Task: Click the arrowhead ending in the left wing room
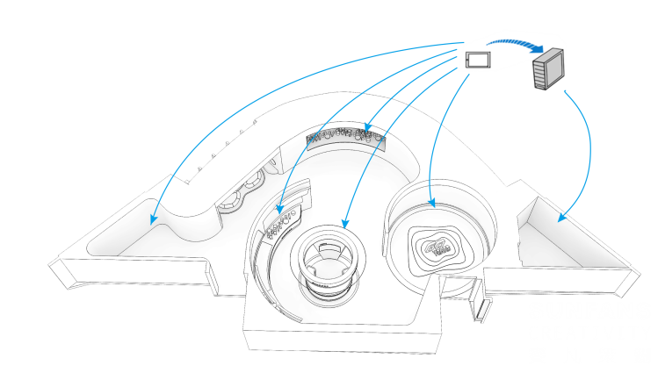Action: (154, 219)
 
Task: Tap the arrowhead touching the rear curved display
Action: (366, 130)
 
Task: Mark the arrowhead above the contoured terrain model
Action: (431, 204)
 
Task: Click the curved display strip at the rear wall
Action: (347, 138)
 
